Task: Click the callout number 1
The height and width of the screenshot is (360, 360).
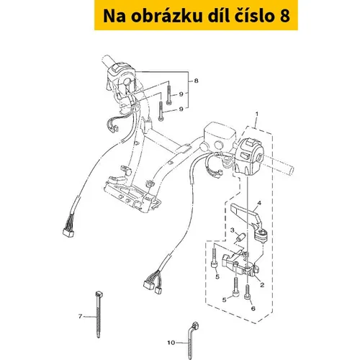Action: click(x=257, y=113)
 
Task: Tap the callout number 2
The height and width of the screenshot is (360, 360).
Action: click(x=262, y=284)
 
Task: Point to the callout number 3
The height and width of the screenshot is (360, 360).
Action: click(x=233, y=230)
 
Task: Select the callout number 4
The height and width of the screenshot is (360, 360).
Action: click(x=259, y=203)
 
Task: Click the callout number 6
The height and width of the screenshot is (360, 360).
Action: click(x=253, y=308)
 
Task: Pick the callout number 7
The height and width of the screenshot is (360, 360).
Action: click(x=80, y=316)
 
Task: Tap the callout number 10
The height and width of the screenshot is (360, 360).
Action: click(x=171, y=343)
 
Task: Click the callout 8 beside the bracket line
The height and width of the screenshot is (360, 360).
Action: click(x=196, y=81)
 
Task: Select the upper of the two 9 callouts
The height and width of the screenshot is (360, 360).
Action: click(x=181, y=94)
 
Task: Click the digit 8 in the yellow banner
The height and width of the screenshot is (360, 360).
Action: click(x=284, y=17)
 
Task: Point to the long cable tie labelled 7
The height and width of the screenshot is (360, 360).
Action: click(x=98, y=315)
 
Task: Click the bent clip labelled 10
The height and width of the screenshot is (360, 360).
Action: click(x=191, y=340)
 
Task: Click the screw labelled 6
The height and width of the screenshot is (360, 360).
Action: click(x=247, y=292)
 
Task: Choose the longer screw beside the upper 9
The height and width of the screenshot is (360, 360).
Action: click(x=168, y=93)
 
